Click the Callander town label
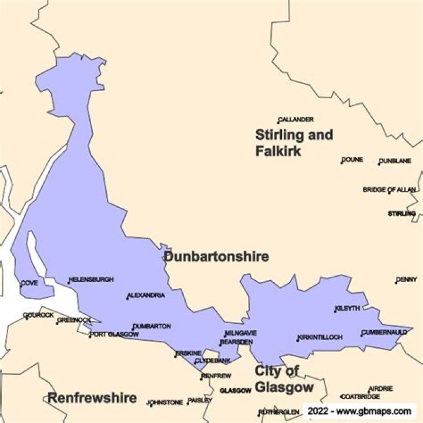point(296,119)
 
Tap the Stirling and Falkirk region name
point(294,143)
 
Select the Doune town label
point(352,159)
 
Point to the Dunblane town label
point(395,161)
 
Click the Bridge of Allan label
point(390,190)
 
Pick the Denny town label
point(406,280)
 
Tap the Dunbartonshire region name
point(216,257)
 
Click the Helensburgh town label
point(91,280)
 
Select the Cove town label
point(29,283)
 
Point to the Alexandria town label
point(146,295)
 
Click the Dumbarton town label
point(152,326)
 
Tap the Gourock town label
point(38,315)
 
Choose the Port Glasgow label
point(115,335)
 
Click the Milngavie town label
point(241,333)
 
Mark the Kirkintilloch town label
point(320,337)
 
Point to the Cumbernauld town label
point(384,333)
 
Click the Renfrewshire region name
point(92,398)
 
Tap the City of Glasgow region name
point(284,379)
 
